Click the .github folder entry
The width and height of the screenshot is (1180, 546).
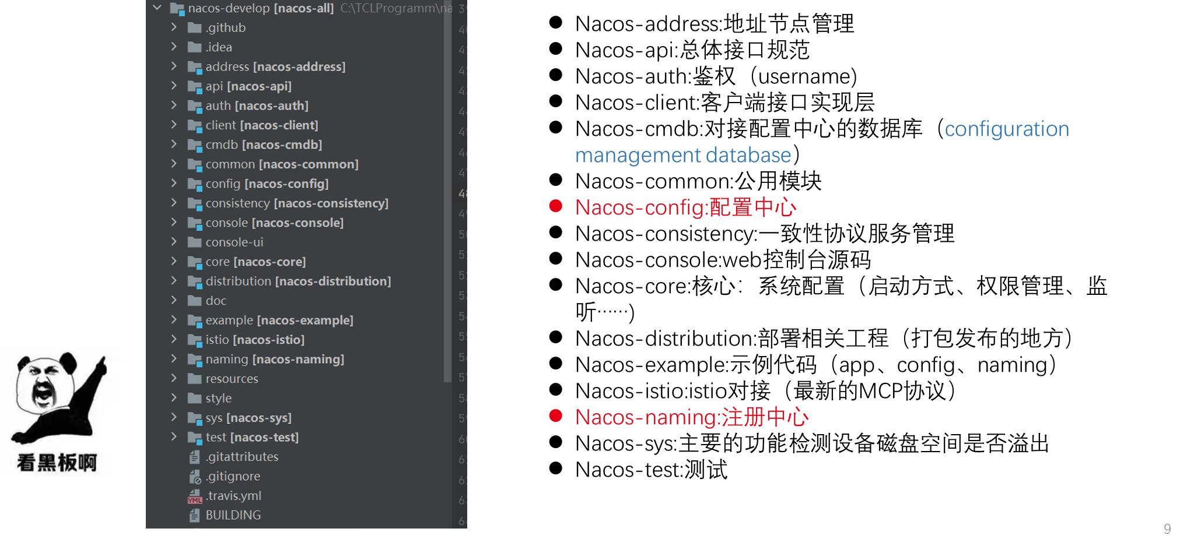pos(225,28)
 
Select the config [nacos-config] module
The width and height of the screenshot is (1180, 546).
pos(267,184)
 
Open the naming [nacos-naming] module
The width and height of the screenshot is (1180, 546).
pos(274,360)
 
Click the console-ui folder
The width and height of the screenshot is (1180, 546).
pos(234,242)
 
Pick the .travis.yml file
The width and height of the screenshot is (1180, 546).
pos(233,496)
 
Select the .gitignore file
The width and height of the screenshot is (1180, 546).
pos(233,477)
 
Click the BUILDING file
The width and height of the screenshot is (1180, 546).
pos(233,515)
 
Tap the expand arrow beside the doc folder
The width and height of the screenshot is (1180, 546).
pos(174,300)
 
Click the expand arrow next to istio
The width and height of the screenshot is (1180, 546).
pos(174,339)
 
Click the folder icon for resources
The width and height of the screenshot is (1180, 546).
pos(194,379)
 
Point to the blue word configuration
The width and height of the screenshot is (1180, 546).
pos(1007,129)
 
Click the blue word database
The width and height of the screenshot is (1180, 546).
pos(748,156)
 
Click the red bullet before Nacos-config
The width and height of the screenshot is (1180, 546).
pos(555,206)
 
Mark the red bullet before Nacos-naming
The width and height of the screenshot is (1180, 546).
pos(555,415)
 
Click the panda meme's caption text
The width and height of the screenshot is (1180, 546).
pos(57,463)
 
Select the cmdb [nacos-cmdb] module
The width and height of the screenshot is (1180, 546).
pos(263,145)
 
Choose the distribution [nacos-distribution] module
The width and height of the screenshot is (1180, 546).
pos(297,281)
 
